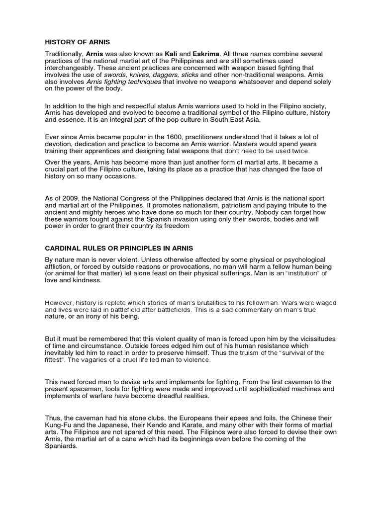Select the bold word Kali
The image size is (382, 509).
point(172,53)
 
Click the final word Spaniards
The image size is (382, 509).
point(62,446)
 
